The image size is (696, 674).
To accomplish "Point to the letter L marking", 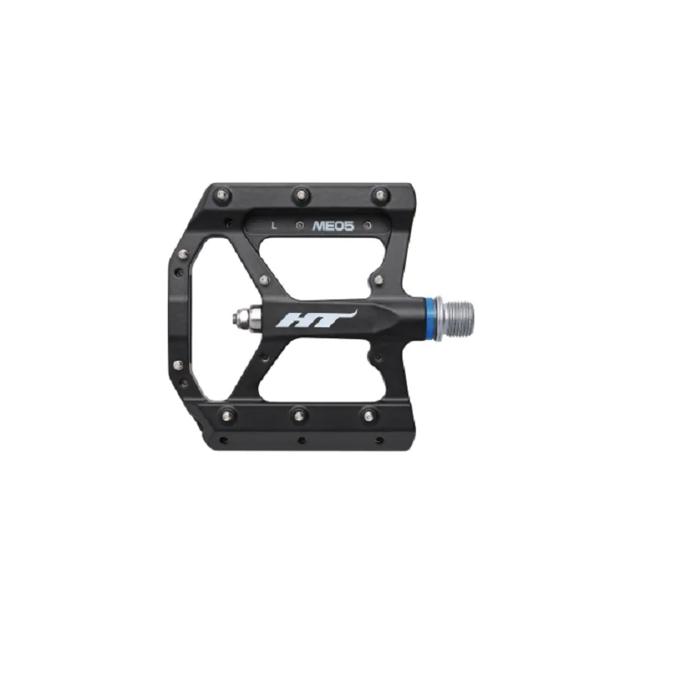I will [274, 225].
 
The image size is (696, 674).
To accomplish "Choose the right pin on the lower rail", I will [370, 413].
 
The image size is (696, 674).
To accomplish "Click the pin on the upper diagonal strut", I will [264, 279].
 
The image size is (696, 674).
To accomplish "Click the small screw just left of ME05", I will [300, 226].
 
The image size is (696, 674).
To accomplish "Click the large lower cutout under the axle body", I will [316, 372].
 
